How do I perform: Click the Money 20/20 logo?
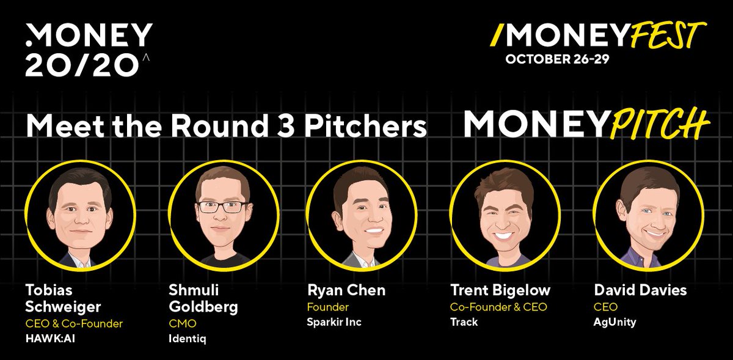(x=89, y=51)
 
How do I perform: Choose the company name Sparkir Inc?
(x=334, y=321)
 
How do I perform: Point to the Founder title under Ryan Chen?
(x=327, y=307)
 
